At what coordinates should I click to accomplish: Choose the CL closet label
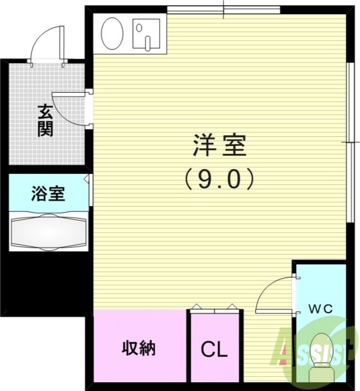pyautogui.click(x=215, y=350)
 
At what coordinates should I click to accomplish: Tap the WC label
pyautogui.click(x=320, y=309)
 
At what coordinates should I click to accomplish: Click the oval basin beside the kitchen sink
pyautogui.click(x=112, y=34)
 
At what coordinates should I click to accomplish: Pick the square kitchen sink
pyautogui.click(x=146, y=34)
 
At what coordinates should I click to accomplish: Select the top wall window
pyautogui.click(x=224, y=9)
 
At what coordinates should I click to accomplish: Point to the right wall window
pyautogui.click(x=349, y=142)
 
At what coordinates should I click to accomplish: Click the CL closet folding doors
pyautogui.click(x=215, y=308)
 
